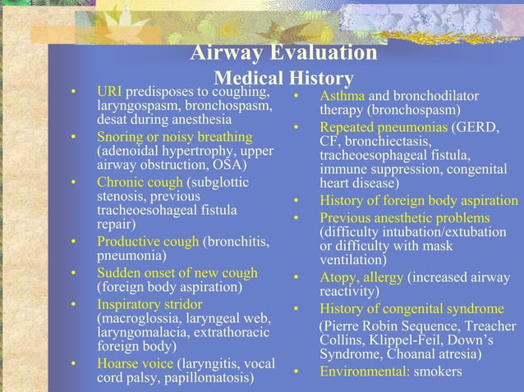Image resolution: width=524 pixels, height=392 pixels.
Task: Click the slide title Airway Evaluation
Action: coord(284,54)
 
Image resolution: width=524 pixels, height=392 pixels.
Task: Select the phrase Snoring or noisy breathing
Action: coord(174,135)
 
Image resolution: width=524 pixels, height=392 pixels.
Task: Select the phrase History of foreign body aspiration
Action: coord(418,202)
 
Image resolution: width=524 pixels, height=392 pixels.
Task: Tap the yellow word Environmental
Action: coord(364,372)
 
